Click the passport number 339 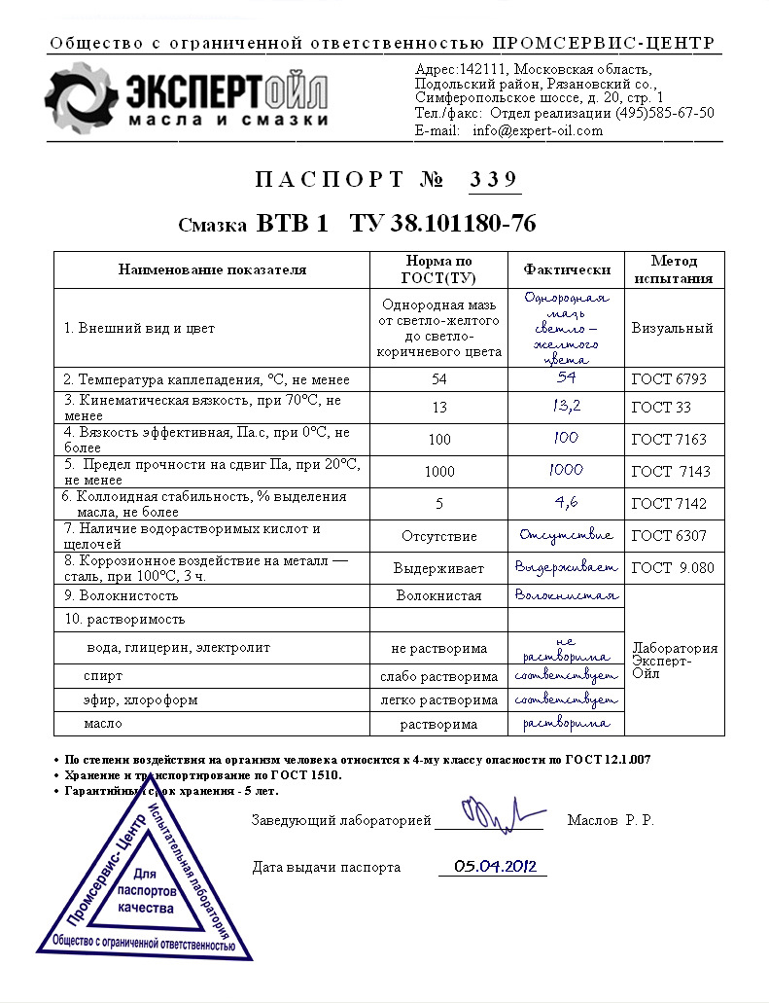point(495,179)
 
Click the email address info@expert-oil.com point(538,130)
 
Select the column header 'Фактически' point(567,269)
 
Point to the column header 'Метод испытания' point(674,269)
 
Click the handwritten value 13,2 point(566,407)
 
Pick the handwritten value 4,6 point(566,503)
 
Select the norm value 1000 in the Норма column point(439,472)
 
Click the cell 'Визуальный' point(672,328)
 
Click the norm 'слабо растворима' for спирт point(439,676)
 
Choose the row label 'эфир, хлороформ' point(127,700)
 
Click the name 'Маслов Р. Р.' point(611,820)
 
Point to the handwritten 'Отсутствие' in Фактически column point(566,535)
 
